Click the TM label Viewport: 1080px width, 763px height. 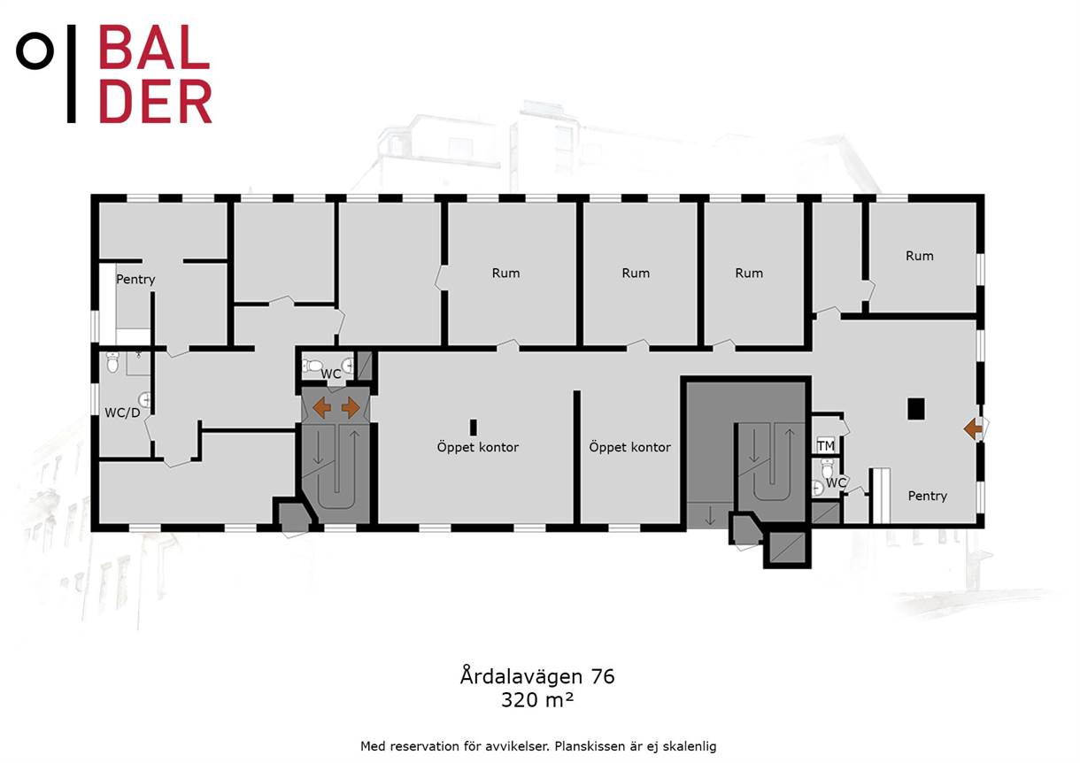pos(825,446)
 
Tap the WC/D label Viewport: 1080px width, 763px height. pos(122,412)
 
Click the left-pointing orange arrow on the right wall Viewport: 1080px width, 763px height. pos(973,428)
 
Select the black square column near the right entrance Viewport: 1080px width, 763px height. pos(916,409)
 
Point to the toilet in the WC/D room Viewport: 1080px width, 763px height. pos(112,362)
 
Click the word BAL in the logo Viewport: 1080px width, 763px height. pos(154,47)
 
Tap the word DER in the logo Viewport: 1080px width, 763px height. pos(155,101)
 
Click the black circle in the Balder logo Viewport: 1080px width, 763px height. pos(35,50)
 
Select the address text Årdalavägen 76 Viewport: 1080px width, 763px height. pos(537,675)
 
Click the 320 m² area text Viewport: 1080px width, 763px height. pos(537,700)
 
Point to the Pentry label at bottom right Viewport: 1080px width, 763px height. pos(928,496)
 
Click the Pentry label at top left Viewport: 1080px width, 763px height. pos(135,280)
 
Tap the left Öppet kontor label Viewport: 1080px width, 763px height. pos(478,447)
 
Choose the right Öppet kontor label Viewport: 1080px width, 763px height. pos(629,447)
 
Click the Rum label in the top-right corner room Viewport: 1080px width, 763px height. pos(920,256)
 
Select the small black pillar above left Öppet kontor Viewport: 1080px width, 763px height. pos(474,428)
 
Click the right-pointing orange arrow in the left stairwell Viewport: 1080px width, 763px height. pos(351,408)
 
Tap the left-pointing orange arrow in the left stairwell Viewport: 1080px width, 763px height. pos(322,408)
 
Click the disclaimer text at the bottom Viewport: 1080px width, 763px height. pos(538,746)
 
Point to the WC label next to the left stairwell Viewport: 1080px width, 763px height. pos(331,374)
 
